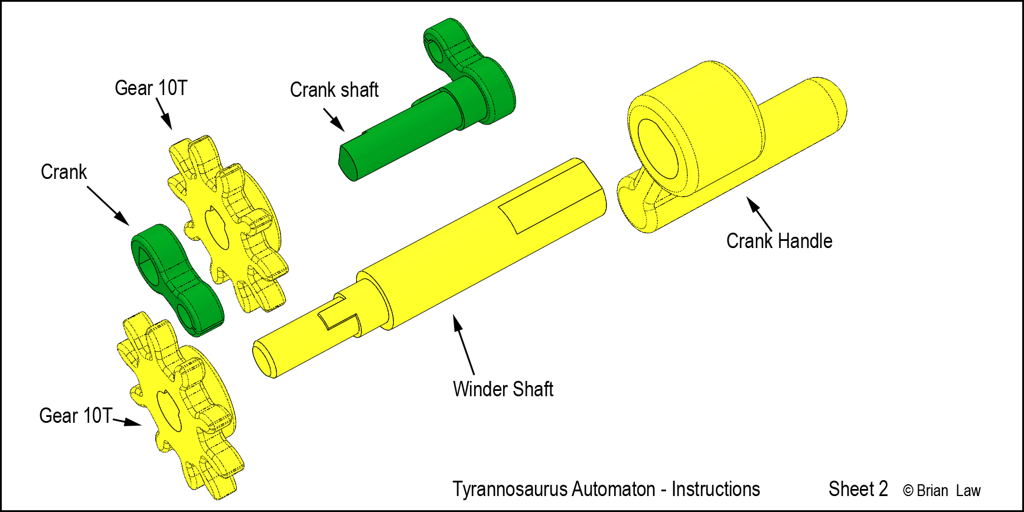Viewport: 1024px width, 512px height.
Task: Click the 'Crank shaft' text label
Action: click(x=334, y=90)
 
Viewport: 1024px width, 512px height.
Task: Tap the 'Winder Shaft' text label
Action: click(x=503, y=389)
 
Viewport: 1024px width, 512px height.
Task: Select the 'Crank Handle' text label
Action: click(x=779, y=241)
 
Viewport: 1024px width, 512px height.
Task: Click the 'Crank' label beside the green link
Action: click(x=64, y=172)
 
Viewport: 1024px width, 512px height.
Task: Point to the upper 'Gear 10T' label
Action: click(x=151, y=88)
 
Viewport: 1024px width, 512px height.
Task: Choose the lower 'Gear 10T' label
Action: click(x=76, y=416)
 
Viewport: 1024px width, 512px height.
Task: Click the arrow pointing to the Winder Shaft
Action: click(x=464, y=344)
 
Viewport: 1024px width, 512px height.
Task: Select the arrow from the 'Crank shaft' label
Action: click(x=334, y=120)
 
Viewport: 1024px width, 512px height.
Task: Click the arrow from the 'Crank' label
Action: click(x=109, y=206)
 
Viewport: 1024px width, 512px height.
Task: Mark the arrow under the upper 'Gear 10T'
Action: click(x=164, y=114)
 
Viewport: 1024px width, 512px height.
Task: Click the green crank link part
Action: click(x=177, y=280)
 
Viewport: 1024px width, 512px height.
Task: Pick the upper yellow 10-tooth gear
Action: click(x=227, y=224)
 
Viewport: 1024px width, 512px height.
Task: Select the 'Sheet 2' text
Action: click(x=858, y=489)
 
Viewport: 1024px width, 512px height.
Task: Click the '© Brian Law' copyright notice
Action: click(x=942, y=491)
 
